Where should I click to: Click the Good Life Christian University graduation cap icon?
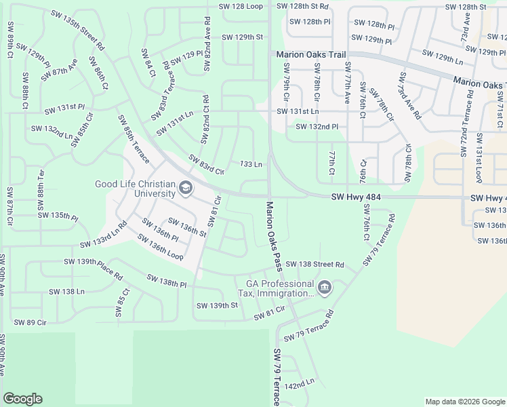pyautogui.click(x=185, y=188)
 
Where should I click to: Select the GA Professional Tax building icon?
pyautogui.click(x=325, y=288)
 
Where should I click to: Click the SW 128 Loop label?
pyautogui.click(x=241, y=6)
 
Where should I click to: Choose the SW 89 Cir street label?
pyautogui.click(x=30, y=322)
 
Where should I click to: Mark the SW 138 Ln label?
pyautogui.click(x=66, y=291)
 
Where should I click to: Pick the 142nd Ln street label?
pyautogui.click(x=300, y=384)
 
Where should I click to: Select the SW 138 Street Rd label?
pyautogui.click(x=315, y=264)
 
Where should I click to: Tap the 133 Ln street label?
pyautogui.click(x=251, y=164)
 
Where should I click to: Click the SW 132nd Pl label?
pyautogui.click(x=317, y=126)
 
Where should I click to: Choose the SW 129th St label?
pyautogui.click(x=242, y=37)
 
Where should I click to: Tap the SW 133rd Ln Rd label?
pyautogui.click(x=104, y=234)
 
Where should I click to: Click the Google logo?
pyautogui.click(x=22, y=399)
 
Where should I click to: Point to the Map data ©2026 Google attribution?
pyautogui.click(x=465, y=402)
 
